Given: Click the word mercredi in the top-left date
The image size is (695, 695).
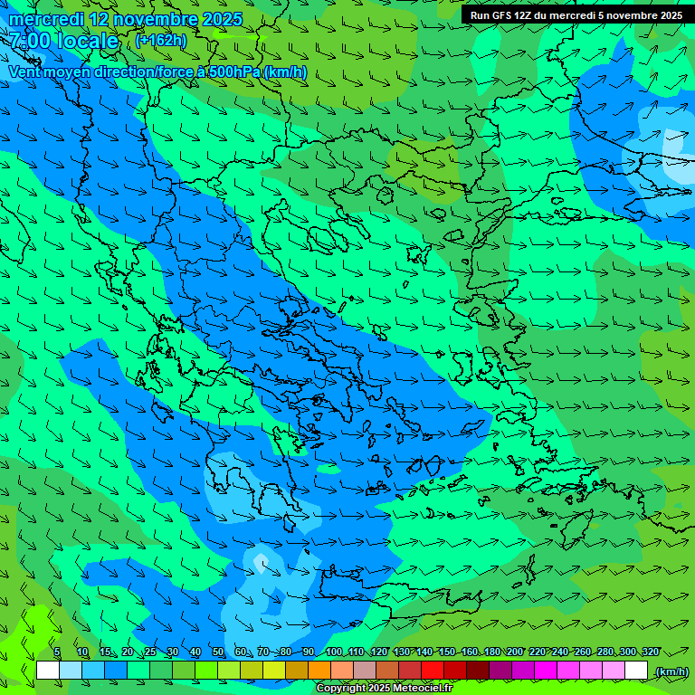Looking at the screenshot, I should (x=46, y=19).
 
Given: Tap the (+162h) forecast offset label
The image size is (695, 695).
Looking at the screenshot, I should (x=160, y=40).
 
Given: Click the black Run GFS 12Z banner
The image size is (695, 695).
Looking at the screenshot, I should (x=576, y=15).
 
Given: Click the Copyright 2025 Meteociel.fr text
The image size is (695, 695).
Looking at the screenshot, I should (x=384, y=689).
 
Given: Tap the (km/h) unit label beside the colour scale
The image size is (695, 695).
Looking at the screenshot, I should (x=671, y=671).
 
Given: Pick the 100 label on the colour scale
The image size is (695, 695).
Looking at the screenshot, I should (x=333, y=652).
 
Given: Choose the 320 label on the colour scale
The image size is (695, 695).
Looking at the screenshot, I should (x=650, y=652).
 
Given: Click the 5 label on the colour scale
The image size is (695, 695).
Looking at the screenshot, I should (x=57, y=652).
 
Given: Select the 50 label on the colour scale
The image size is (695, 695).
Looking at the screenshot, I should (x=218, y=652).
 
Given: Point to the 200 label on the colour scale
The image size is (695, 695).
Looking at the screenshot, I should (x=515, y=652).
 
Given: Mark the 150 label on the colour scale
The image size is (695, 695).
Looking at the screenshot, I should (x=446, y=652).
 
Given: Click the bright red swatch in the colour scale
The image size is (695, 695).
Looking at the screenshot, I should (x=433, y=671).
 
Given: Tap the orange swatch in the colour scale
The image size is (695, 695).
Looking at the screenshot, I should (x=319, y=671).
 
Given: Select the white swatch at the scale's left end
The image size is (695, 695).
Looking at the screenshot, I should (x=48, y=671).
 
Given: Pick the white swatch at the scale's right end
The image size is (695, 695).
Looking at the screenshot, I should (x=636, y=671).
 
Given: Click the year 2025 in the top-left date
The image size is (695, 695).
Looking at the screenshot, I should (x=221, y=19).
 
